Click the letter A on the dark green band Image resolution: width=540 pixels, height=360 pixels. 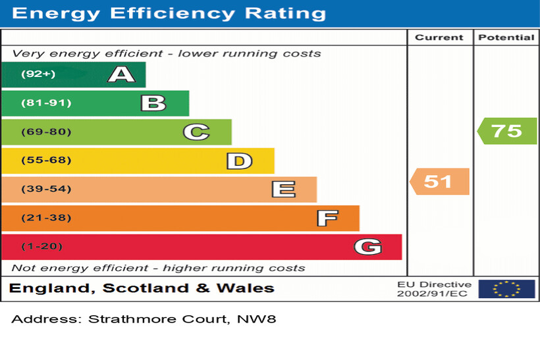pyautogui.click(x=121, y=74)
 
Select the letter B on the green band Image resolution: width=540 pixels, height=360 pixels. pyautogui.click(x=153, y=103)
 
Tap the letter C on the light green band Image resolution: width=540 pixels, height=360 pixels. pyautogui.click(x=196, y=132)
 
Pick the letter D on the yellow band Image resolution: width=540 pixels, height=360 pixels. pyautogui.click(x=239, y=161)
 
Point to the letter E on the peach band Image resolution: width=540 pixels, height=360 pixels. pyautogui.click(x=283, y=190)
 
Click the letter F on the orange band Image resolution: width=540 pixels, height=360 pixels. pyautogui.click(x=327, y=218)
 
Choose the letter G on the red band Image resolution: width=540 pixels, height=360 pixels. pyautogui.click(x=367, y=247)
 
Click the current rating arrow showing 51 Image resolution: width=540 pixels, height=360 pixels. pyautogui.click(x=439, y=181)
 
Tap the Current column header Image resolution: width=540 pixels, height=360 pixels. pyautogui.click(x=439, y=38)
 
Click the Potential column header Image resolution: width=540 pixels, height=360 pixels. pyautogui.click(x=506, y=38)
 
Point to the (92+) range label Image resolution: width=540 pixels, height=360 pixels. pyautogui.click(x=38, y=74)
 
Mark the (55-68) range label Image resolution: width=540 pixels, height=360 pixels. pyautogui.click(x=46, y=161)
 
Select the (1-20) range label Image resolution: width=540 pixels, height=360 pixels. pyautogui.click(x=42, y=247)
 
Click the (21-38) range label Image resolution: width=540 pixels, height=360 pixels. pyautogui.click(x=46, y=218)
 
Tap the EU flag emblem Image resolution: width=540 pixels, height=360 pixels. pyautogui.click(x=506, y=288)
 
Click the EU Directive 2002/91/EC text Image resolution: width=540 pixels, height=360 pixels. pyautogui.click(x=434, y=289)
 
